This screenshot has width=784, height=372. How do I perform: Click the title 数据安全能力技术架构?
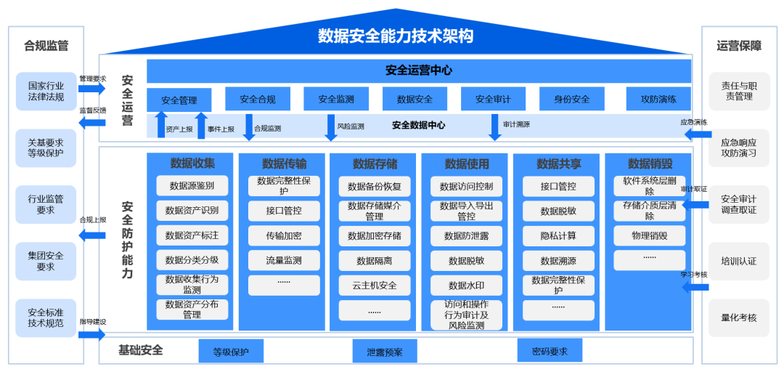click(396, 36)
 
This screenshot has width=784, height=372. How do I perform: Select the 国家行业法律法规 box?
click(46, 91)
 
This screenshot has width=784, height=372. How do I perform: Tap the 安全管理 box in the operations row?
click(179, 100)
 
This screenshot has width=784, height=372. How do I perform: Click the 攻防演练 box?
click(658, 100)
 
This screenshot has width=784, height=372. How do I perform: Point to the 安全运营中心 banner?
click(419, 70)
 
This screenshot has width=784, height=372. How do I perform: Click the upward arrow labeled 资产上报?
click(161, 125)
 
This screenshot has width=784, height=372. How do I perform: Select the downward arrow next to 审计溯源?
click(495, 126)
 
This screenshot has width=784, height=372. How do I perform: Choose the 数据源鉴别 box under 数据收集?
click(192, 186)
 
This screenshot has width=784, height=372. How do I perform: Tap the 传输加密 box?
click(284, 235)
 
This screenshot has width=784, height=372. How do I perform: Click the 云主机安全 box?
click(375, 285)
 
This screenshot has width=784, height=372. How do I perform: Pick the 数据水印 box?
click(466, 285)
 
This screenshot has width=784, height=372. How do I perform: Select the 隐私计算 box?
click(558, 235)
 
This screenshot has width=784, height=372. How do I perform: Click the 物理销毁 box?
click(649, 235)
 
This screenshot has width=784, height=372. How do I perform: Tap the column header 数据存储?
click(375, 163)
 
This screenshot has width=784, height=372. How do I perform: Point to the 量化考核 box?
click(738, 318)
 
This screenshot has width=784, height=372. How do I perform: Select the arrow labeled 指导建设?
click(91, 334)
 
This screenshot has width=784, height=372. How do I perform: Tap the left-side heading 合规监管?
click(46, 46)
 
